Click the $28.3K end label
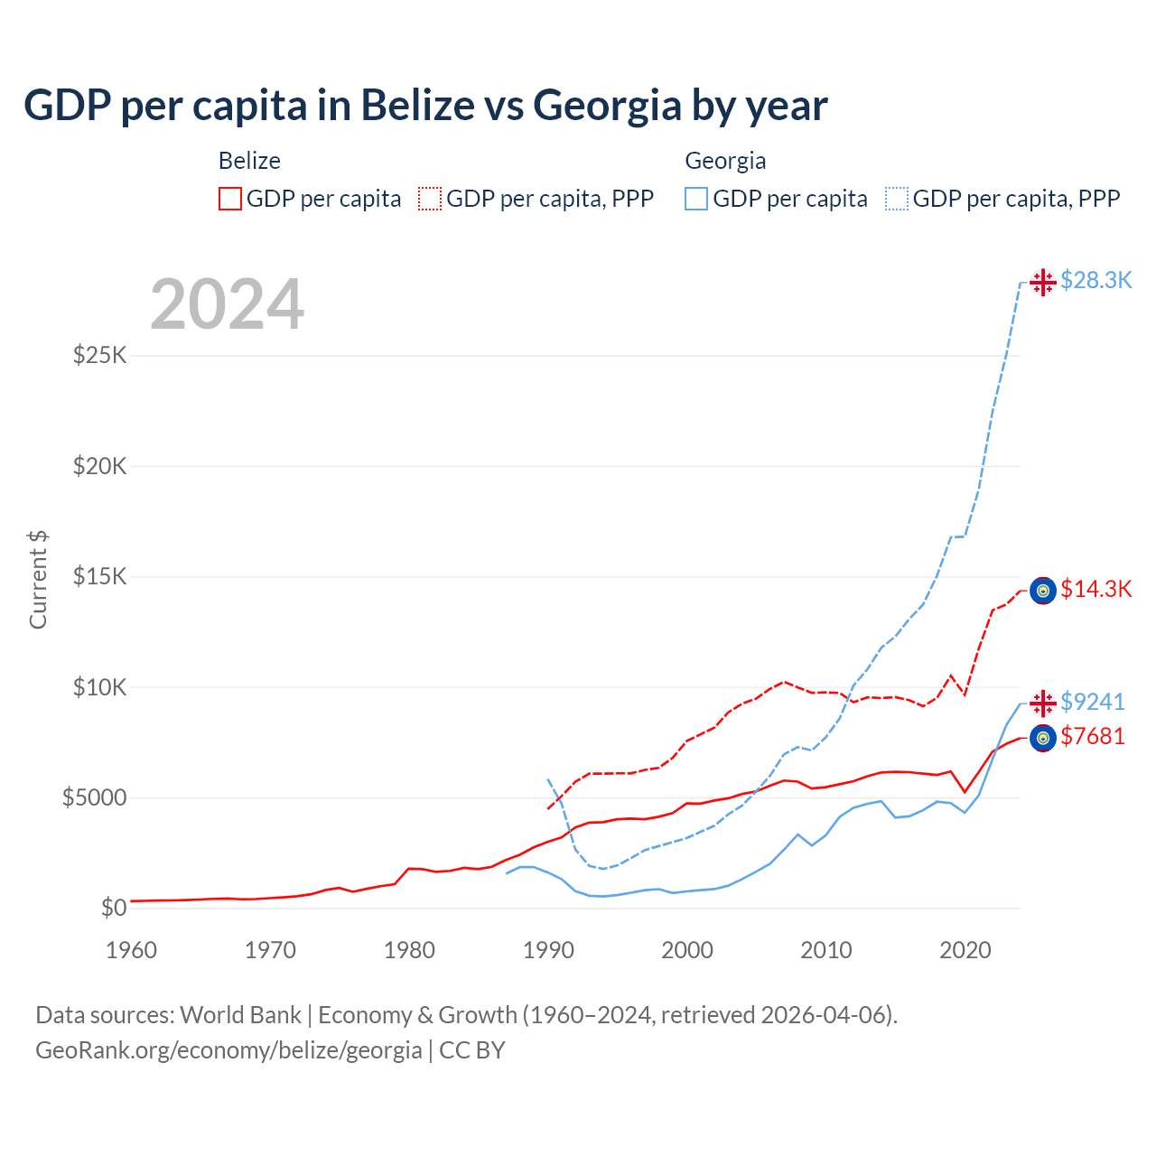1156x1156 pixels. click(1095, 281)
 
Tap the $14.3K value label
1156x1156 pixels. click(1095, 590)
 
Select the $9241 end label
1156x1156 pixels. click(1092, 702)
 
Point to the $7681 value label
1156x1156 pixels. click(1092, 737)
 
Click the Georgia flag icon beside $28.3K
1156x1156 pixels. click(1043, 282)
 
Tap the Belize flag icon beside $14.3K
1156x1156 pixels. click(1043, 591)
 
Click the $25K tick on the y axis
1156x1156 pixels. click(99, 355)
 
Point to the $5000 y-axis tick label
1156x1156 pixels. click(94, 797)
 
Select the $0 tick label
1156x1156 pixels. click(112, 908)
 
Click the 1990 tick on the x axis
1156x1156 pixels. click(548, 950)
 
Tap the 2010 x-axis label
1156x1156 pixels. click(826, 950)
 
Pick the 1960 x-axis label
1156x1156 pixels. click(132, 950)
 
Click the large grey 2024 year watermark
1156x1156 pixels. click(227, 305)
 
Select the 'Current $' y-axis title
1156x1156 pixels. click(38, 580)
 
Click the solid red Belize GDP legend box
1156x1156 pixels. click(230, 199)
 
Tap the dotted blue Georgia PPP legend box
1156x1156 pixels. click(897, 199)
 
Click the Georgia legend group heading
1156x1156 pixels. click(725, 161)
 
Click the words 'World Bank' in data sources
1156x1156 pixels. click(240, 1015)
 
